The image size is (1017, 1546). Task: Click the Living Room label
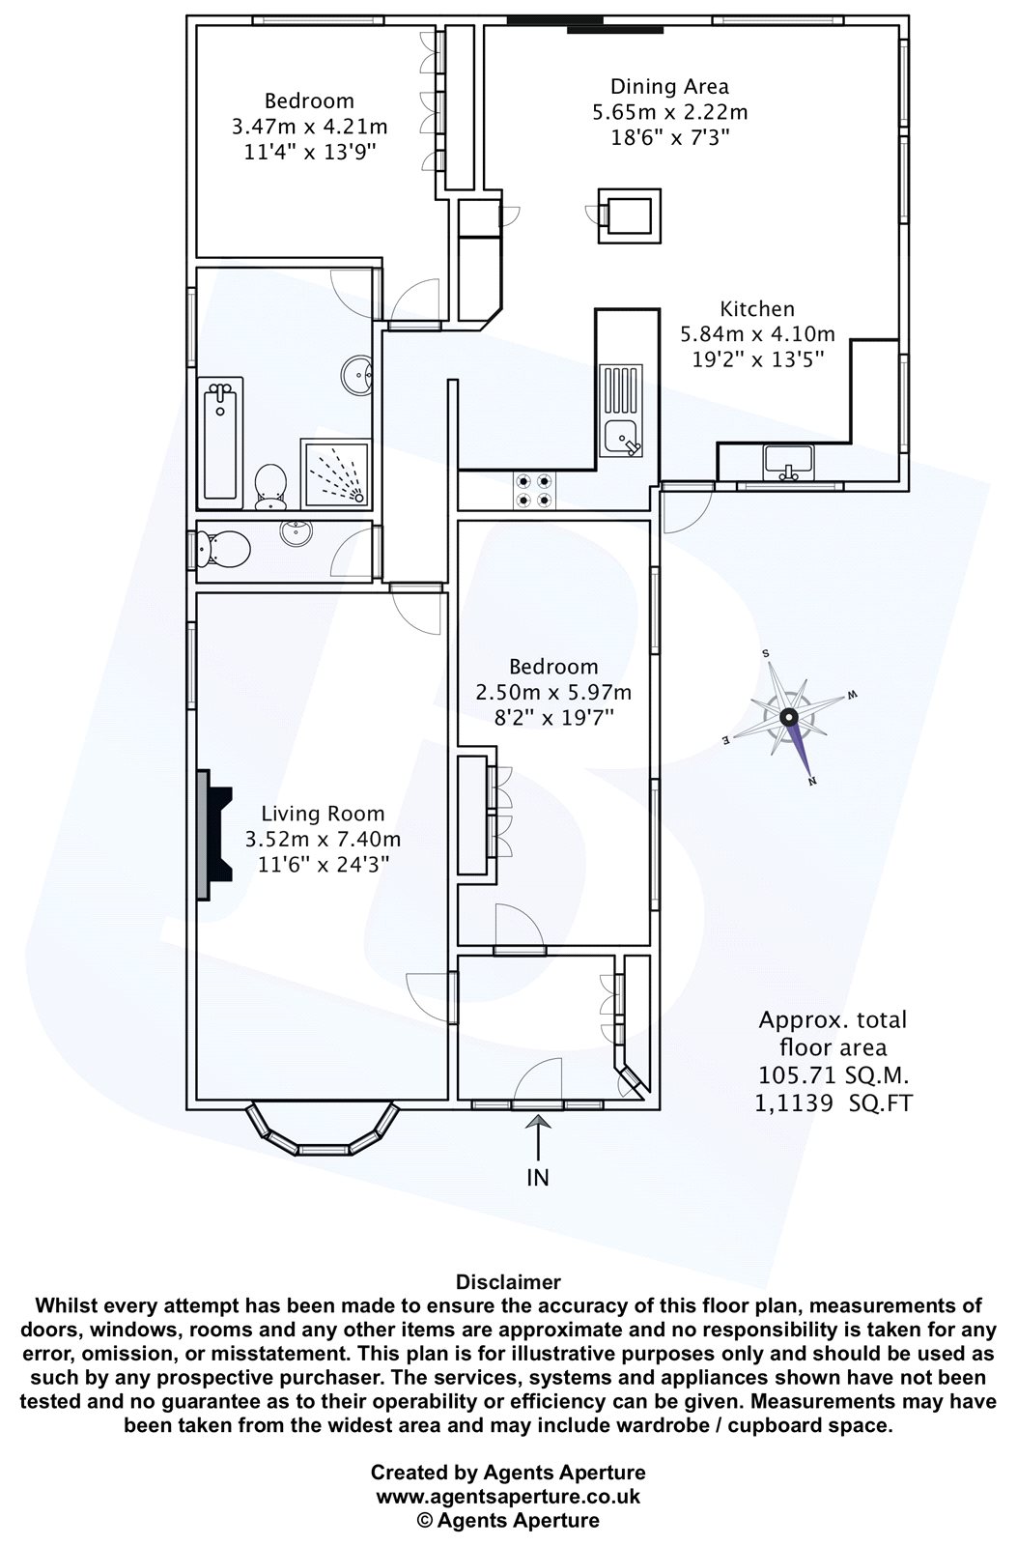pyautogui.click(x=323, y=814)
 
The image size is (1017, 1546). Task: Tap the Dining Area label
pyautogui.click(x=669, y=87)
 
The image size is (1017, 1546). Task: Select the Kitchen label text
pyautogui.click(x=757, y=308)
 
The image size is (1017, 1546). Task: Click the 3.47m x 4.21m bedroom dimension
pyautogui.click(x=309, y=127)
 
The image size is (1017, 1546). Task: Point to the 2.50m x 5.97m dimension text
pyautogui.click(x=553, y=692)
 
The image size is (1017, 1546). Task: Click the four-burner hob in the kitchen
pyautogui.click(x=534, y=490)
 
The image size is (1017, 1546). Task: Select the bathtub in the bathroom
pyautogui.click(x=221, y=444)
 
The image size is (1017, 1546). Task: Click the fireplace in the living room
pyautogui.click(x=214, y=835)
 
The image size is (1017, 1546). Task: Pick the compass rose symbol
pyautogui.click(x=789, y=718)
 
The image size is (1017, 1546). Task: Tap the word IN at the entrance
pyautogui.click(x=538, y=1178)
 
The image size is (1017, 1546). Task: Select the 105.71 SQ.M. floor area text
pyautogui.click(x=833, y=1074)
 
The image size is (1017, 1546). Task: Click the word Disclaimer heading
pyautogui.click(x=508, y=1282)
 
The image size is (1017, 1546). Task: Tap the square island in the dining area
pyautogui.click(x=630, y=215)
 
